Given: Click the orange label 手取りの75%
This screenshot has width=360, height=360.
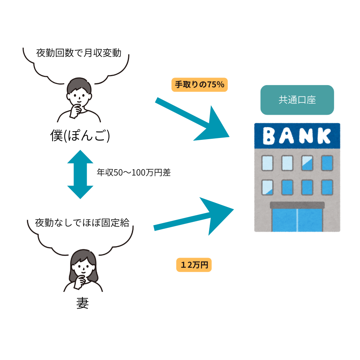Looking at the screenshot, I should (x=199, y=85).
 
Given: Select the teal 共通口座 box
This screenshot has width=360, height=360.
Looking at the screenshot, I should (x=297, y=100).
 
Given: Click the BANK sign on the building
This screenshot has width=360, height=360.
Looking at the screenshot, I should (x=297, y=136).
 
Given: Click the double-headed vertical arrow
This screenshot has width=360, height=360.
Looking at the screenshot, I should (x=80, y=174).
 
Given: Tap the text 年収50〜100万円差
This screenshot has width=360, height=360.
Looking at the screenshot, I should (x=133, y=173).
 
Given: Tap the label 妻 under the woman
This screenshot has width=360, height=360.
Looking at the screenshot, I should (x=82, y=303).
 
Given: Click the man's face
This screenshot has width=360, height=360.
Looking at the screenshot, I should (x=79, y=97).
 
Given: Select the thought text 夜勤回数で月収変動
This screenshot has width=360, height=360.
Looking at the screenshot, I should (x=79, y=53).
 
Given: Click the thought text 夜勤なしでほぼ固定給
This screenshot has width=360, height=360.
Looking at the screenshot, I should (x=82, y=222).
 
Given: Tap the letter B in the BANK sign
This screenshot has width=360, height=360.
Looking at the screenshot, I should (x=270, y=136).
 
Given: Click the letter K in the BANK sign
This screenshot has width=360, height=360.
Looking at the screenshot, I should (x=325, y=136).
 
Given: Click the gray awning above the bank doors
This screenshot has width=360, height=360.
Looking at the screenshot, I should (x=297, y=205).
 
